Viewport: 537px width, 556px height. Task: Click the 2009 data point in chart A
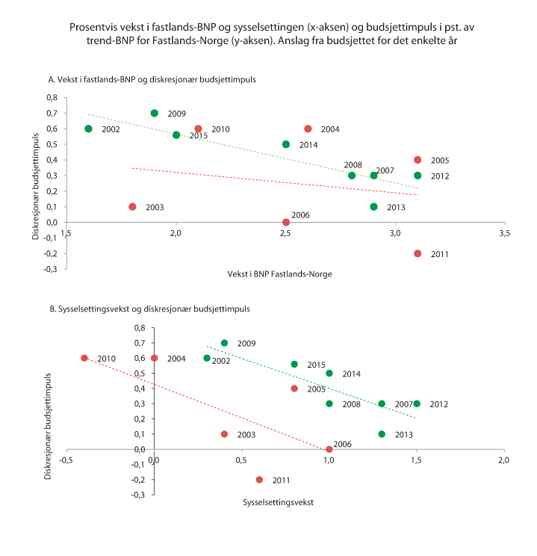pos(155,114)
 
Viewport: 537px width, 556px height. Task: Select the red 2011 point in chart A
pos(418,253)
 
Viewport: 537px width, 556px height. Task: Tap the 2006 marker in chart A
pos(286,222)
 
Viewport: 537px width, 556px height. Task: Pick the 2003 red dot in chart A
pos(133,206)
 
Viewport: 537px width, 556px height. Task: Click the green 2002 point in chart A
pos(89,129)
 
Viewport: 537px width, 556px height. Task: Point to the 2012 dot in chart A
pos(418,176)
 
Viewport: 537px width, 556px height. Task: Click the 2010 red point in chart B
pos(84,358)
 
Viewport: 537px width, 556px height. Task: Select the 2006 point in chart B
pos(329,449)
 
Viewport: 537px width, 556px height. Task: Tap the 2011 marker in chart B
pos(259,480)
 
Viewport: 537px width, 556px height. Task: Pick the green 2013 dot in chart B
pos(382,434)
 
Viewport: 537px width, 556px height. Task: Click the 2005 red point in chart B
pos(294,389)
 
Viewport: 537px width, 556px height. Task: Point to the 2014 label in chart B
pos(351,374)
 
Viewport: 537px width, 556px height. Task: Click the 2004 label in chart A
pos(330,129)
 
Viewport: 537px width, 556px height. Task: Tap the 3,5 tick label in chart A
pos(505,235)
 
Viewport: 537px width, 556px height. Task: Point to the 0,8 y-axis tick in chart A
pos(51,98)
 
